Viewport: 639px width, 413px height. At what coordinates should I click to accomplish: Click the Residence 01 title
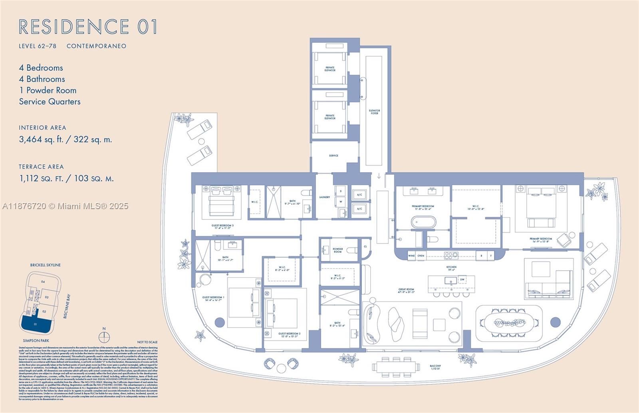(88, 27)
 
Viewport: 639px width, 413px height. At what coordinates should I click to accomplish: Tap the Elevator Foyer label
(374, 112)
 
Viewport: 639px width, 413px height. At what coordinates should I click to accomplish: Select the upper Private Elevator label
(330, 69)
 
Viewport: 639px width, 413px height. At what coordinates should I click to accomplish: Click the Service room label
(333, 156)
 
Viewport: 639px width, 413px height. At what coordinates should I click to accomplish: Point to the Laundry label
(324, 197)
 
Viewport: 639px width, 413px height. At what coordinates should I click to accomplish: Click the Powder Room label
(337, 251)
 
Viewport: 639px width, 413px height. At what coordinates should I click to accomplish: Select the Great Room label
(406, 290)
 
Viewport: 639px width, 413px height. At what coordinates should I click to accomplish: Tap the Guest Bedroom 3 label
(222, 227)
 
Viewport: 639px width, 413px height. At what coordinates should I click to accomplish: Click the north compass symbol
(104, 337)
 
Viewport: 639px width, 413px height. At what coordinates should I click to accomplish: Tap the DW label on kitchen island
(462, 280)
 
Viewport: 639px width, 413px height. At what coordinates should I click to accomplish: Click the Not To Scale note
(147, 342)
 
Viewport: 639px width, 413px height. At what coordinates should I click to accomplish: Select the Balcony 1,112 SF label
(435, 368)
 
